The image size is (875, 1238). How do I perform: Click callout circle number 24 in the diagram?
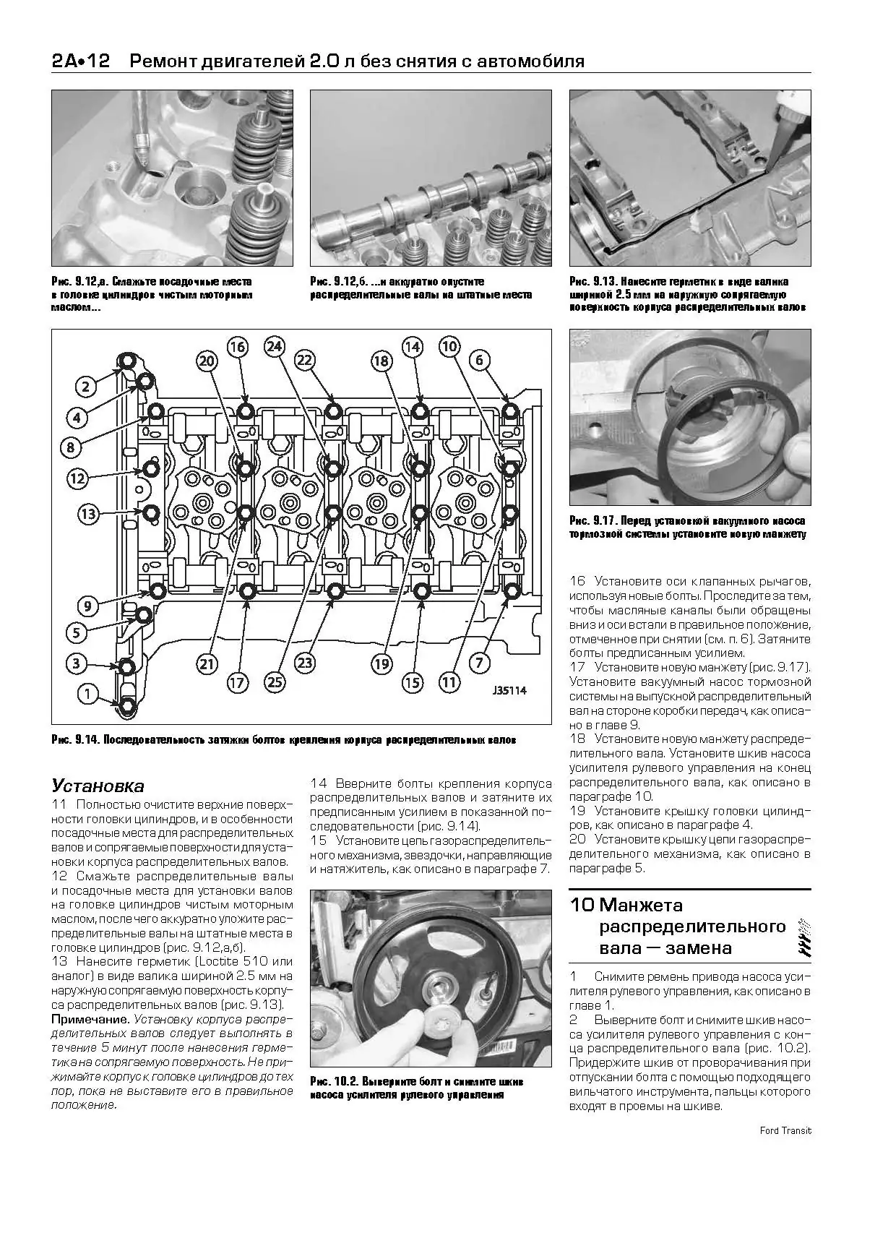[273, 346]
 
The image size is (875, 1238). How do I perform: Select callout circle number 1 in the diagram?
[87, 695]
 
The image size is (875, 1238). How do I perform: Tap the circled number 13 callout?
[87, 514]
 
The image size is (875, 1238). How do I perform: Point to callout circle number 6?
[479, 360]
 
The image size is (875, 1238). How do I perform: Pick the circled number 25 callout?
[275, 681]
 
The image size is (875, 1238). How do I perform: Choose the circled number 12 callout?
[78, 478]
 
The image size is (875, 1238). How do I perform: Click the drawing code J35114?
[509, 691]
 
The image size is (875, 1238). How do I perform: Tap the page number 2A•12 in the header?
[80, 61]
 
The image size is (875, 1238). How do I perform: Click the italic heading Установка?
[98, 786]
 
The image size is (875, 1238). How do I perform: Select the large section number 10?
[582, 905]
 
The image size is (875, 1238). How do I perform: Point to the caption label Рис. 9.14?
[71, 741]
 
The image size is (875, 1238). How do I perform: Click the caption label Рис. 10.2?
[330, 1082]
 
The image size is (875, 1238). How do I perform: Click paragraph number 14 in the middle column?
[319, 783]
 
